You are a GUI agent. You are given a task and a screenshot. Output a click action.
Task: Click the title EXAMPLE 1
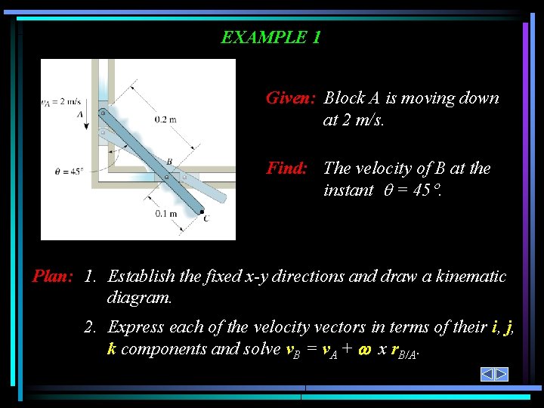pyautogui.click(x=270, y=37)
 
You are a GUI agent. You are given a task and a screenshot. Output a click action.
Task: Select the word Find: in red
pyautogui.click(x=286, y=168)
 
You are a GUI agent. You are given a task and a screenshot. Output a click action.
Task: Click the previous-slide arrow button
pyautogui.click(x=488, y=374)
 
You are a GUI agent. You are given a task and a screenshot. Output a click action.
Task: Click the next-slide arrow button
pyautogui.click(x=502, y=374)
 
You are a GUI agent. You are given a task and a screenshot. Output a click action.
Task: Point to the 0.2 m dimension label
pyautogui.click(x=165, y=119)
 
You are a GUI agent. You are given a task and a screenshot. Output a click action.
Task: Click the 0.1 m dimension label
pyautogui.click(x=166, y=214)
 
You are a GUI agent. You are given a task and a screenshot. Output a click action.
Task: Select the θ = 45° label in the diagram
pyautogui.click(x=69, y=172)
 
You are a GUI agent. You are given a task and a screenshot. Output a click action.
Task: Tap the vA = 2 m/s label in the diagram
pyautogui.click(x=60, y=101)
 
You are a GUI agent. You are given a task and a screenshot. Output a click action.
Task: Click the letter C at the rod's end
pyautogui.click(x=206, y=218)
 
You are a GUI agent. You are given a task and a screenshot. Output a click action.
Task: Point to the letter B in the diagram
pyautogui.click(x=169, y=161)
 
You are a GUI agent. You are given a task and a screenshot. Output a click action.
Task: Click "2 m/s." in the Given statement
pyautogui.click(x=363, y=119)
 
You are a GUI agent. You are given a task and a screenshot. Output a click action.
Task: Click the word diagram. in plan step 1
pyautogui.click(x=139, y=298)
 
